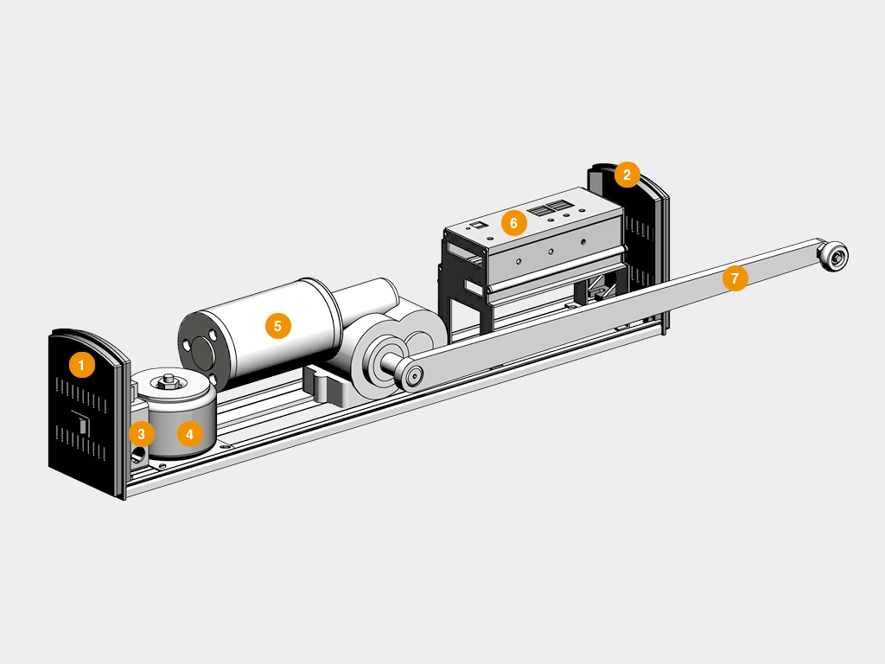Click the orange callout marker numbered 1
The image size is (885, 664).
(x=81, y=365)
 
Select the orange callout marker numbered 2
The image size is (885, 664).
(x=627, y=175)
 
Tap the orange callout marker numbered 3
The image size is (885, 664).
(x=141, y=434)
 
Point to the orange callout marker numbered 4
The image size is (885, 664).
(x=189, y=434)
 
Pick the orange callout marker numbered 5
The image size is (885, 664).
(x=277, y=326)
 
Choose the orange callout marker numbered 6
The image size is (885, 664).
(x=513, y=223)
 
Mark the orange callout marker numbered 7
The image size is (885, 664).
(x=735, y=278)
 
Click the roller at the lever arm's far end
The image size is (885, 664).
(x=834, y=256)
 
